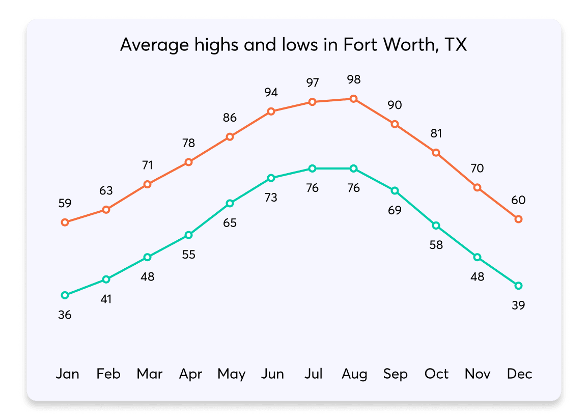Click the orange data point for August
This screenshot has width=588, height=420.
tap(353, 99)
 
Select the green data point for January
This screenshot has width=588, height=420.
tap(65, 295)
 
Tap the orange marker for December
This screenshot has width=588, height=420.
tap(518, 219)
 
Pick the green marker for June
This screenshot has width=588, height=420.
tap(271, 178)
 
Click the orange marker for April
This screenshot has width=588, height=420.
tap(188, 162)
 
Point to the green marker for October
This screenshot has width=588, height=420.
tap(436, 226)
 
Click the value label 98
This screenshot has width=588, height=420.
tap(353, 80)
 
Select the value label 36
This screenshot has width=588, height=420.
tap(65, 315)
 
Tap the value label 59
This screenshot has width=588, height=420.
tap(65, 203)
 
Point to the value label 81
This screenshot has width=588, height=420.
tap(436, 133)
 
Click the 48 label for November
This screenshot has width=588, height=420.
tap(477, 277)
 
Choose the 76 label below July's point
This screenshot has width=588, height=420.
tap(312, 188)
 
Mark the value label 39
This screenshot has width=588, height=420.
tap(518, 305)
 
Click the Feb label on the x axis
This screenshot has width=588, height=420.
tap(108, 374)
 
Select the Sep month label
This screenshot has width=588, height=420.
tap(396, 374)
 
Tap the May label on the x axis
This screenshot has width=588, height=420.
tap(231, 375)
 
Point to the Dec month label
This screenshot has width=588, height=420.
tap(519, 374)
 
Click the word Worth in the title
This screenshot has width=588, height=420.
tap(406, 45)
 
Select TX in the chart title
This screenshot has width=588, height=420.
tap(455, 45)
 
